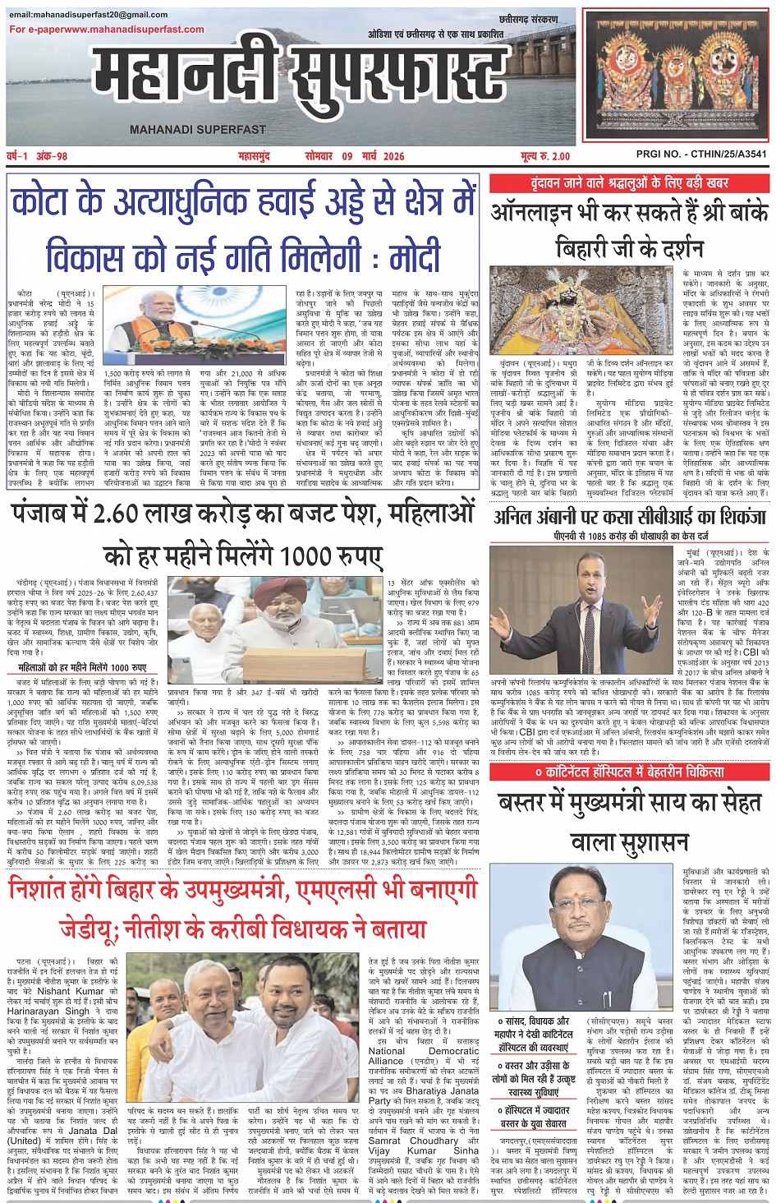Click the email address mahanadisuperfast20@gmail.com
(89, 16)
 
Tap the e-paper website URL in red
(107, 30)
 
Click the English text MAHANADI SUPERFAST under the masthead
(197, 130)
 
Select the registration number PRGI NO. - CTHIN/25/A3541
(701, 154)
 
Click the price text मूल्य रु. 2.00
(544, 156)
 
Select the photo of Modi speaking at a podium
(195, 325)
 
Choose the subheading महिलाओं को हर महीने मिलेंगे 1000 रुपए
(82, 667)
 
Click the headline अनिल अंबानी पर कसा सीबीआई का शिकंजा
(629, 517)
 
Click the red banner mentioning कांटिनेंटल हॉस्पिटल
(629, 772)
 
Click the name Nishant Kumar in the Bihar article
(66, 991)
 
